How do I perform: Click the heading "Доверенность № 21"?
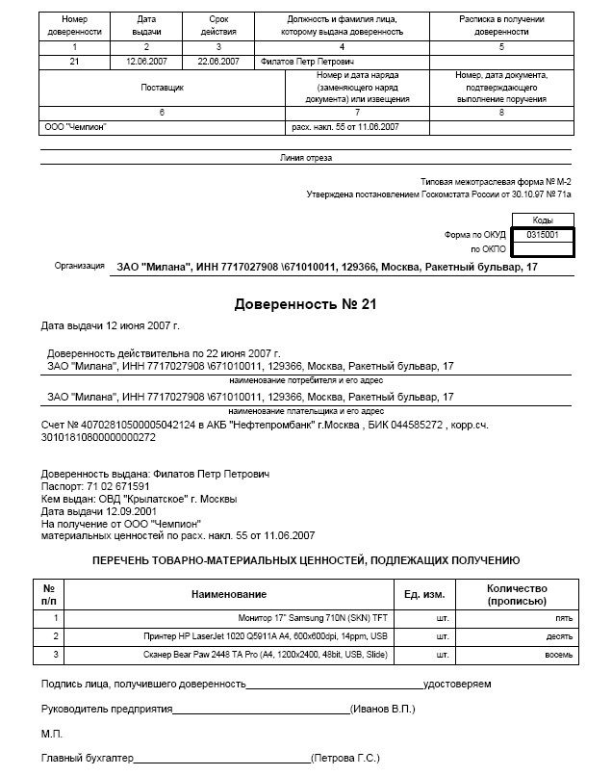coord(305,304)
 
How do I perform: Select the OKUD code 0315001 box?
coord(544,234)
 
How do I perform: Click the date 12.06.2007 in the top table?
coord(146,61)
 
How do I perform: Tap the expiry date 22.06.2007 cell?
coord(218,61)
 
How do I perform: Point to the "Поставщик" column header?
coord(161,87)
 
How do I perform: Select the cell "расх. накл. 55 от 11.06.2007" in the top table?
coord(344,127)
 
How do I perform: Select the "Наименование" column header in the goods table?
coord(229,594)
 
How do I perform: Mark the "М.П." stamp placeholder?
coord(52,735)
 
